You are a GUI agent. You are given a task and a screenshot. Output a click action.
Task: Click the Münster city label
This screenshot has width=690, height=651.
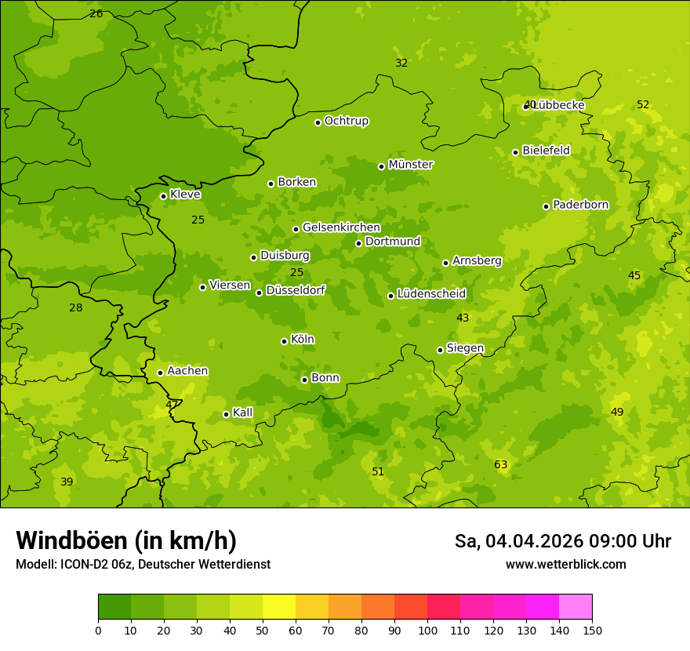coord(410,165)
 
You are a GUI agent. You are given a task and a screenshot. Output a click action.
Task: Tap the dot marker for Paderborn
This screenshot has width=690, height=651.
coord(547,206)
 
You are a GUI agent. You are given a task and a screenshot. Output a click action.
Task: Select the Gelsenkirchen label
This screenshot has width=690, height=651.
coord(341,227)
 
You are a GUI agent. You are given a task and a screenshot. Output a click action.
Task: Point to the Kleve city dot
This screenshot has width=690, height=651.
coord(163,196)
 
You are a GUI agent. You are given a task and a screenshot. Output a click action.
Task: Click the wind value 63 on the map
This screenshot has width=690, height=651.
coord(501,464)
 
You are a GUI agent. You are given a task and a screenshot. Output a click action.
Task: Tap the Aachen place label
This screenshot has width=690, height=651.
coord(187,371)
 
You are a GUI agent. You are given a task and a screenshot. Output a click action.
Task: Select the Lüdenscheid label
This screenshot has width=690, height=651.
coord(431,294)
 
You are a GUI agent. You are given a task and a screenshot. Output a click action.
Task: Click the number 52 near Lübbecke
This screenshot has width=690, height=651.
coord(643,104)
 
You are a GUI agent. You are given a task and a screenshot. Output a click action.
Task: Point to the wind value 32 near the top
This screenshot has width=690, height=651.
coord(401,63)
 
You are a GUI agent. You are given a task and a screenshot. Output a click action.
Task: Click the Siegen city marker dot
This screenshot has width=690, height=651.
coord(440,350)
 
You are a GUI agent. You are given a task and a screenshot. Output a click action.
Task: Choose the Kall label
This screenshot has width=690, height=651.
coord(242,413)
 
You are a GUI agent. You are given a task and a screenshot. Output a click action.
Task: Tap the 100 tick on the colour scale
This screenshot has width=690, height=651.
coord(427,630)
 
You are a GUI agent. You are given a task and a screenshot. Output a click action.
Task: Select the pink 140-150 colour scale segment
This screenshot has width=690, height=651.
coord(576,607)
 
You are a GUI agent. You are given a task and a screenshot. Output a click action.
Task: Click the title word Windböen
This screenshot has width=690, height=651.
coord(71,540)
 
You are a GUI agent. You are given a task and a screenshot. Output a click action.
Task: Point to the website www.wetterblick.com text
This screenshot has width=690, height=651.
coord(565,564)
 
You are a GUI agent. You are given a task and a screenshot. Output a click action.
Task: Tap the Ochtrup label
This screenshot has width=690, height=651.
coord(346,121)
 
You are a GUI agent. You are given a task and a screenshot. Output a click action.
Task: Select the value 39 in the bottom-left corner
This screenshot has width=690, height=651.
coord(67,482)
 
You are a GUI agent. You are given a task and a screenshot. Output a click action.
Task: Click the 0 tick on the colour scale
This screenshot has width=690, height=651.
coord(98,630)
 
